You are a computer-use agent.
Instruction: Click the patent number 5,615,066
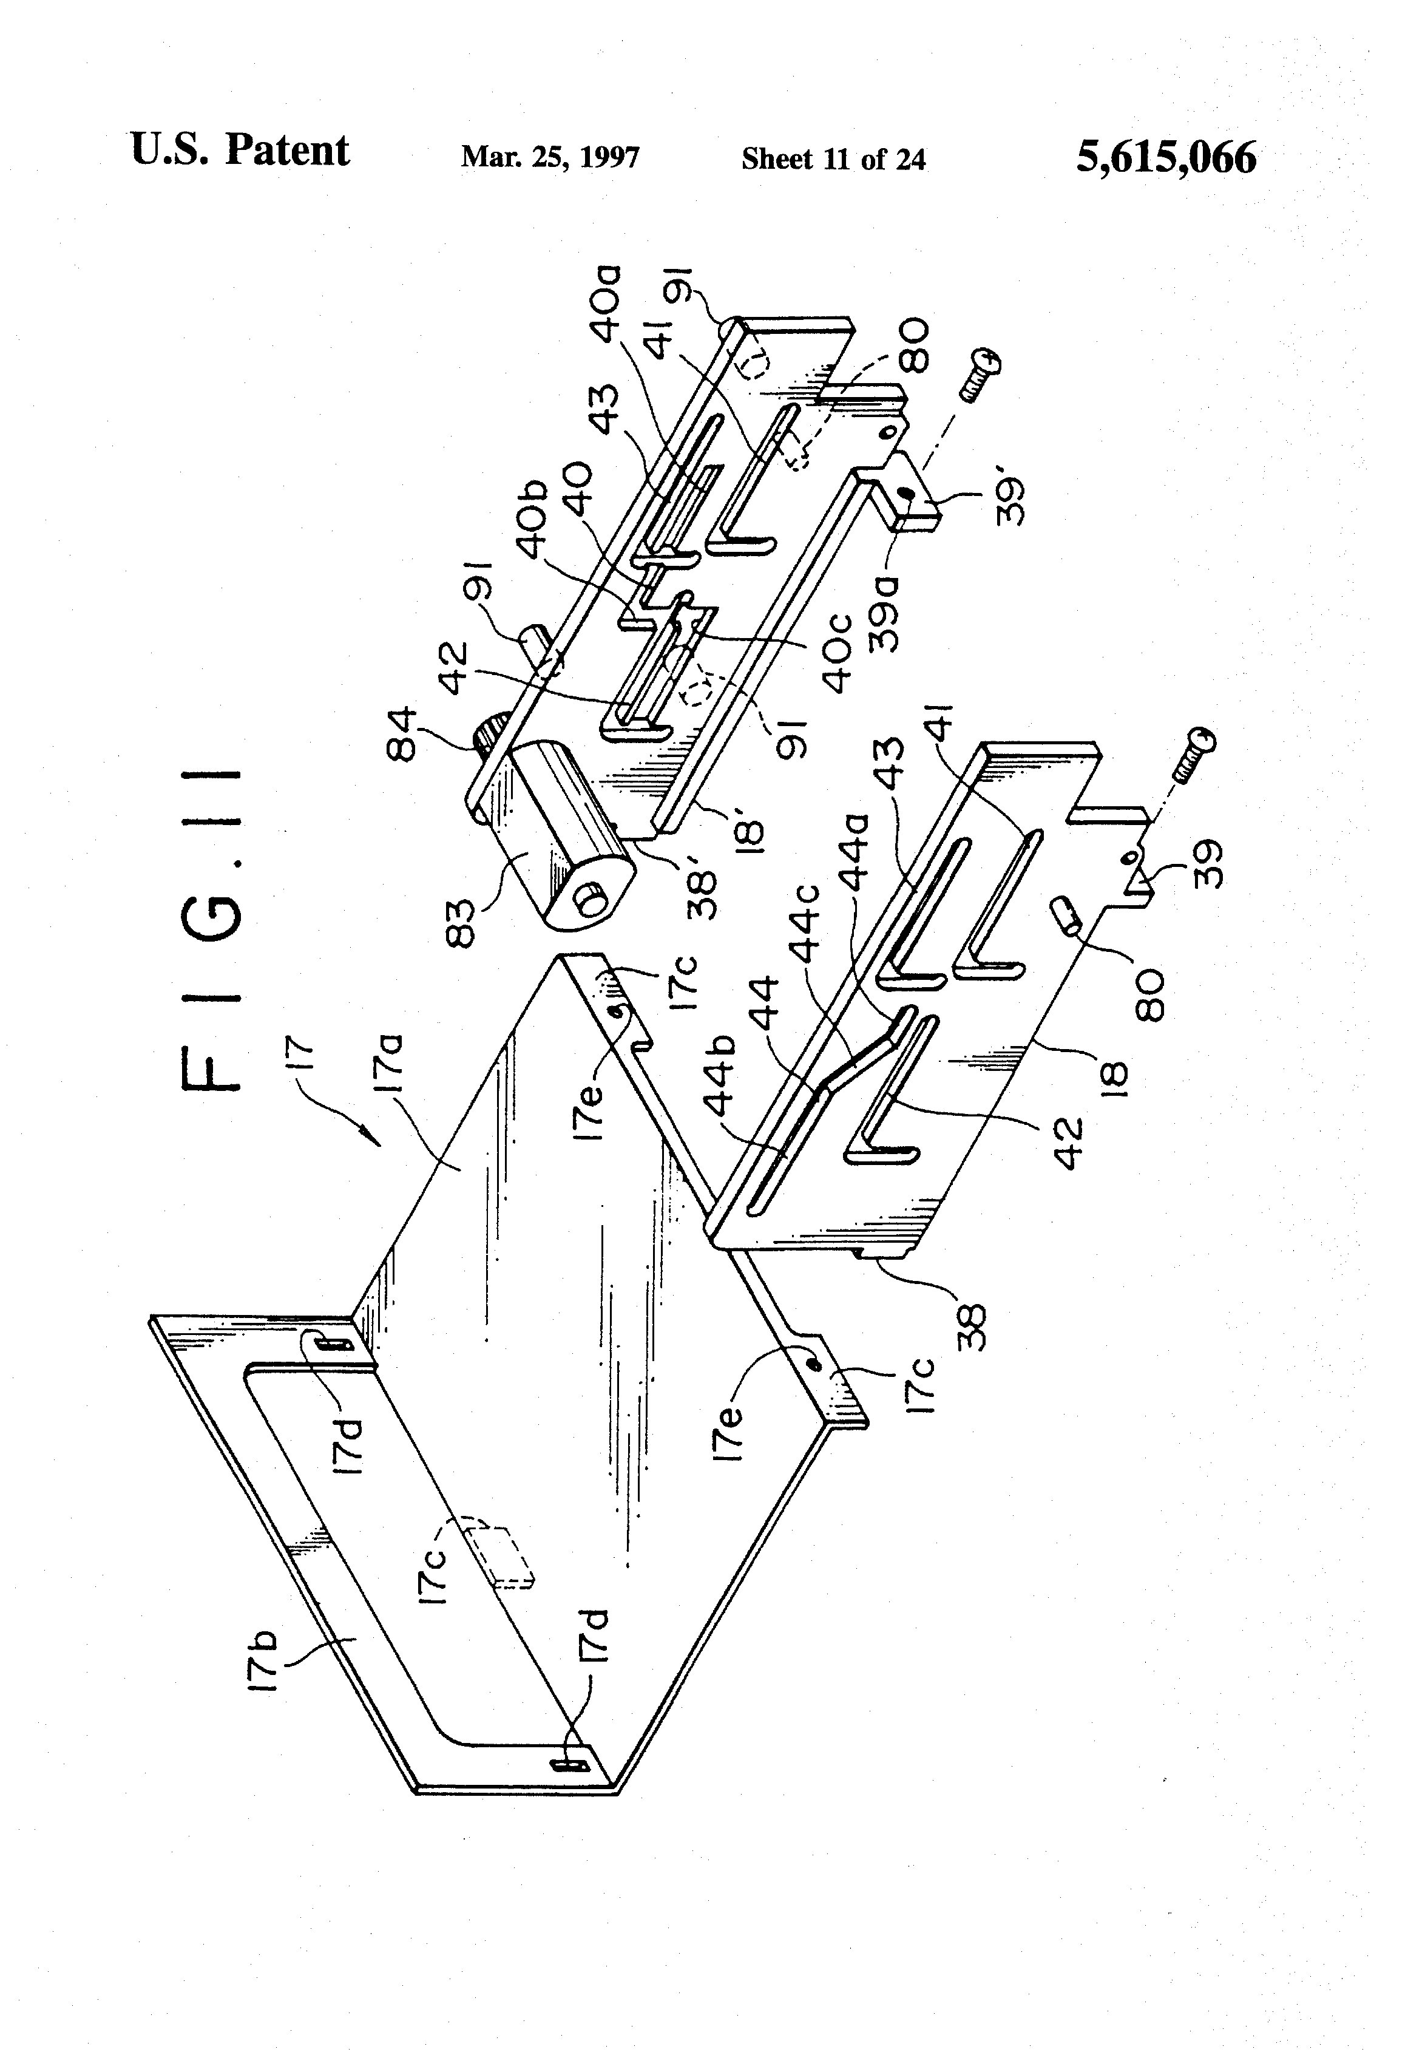(1166, 158)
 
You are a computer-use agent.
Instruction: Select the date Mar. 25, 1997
(550, 158)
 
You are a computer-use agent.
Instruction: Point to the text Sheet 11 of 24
(833, 159)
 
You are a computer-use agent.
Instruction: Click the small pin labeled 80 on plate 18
(1068, 914)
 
